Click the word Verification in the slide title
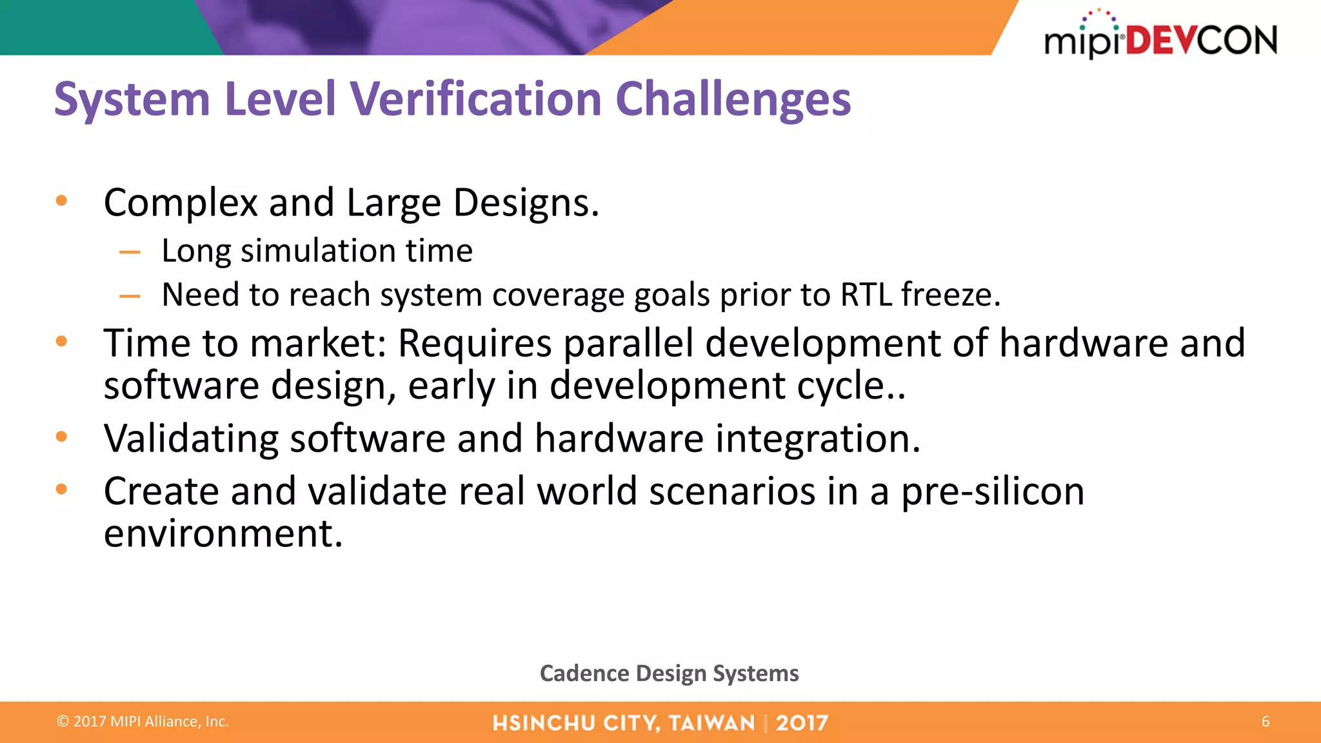(x=475, y=99)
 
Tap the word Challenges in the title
(x=733, y=99)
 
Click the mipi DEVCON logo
(x=1160, y=36)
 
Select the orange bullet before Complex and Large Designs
(x=62, y=201)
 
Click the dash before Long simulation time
(x=130, y=252)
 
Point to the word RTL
(x=866, y=295)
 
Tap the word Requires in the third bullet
(x=474, y=343)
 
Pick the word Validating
(x=191, y=439)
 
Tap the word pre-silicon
(x=992, y=492)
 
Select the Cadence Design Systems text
(x=669, y=673)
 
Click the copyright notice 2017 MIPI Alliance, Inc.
(x=143, y=722)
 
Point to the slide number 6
(x=1265, y=722)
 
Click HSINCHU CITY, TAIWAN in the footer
(x=623, y=723)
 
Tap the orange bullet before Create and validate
(x=62, y=490)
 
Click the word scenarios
(x=731, y=492)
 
